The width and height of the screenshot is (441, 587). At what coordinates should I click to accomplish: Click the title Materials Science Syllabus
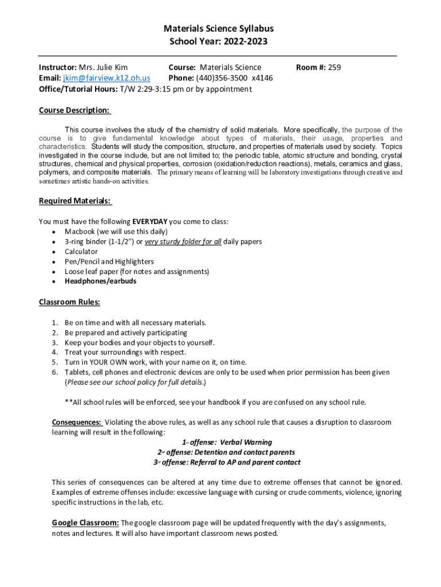pos(218,28)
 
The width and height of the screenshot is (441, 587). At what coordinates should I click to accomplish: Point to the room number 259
pos(334,68)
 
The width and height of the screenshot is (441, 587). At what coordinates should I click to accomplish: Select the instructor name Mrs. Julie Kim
pos(103,68)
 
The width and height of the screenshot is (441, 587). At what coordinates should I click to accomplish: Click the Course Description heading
pos(74,110)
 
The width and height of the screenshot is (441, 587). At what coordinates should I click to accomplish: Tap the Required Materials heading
pos(74,201)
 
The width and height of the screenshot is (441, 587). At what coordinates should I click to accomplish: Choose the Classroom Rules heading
pos(69,302)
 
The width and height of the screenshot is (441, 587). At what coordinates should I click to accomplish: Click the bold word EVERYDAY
pos(150,221)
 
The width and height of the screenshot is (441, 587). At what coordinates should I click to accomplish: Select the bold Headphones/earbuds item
pos(100,281)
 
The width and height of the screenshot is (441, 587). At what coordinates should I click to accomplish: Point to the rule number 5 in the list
pos(54,362)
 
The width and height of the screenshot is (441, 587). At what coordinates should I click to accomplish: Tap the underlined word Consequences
pos(77,422)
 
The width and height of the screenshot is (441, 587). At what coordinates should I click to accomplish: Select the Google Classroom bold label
pos(85,523)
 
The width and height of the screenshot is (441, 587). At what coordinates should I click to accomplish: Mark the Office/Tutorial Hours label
pos(77,89)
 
